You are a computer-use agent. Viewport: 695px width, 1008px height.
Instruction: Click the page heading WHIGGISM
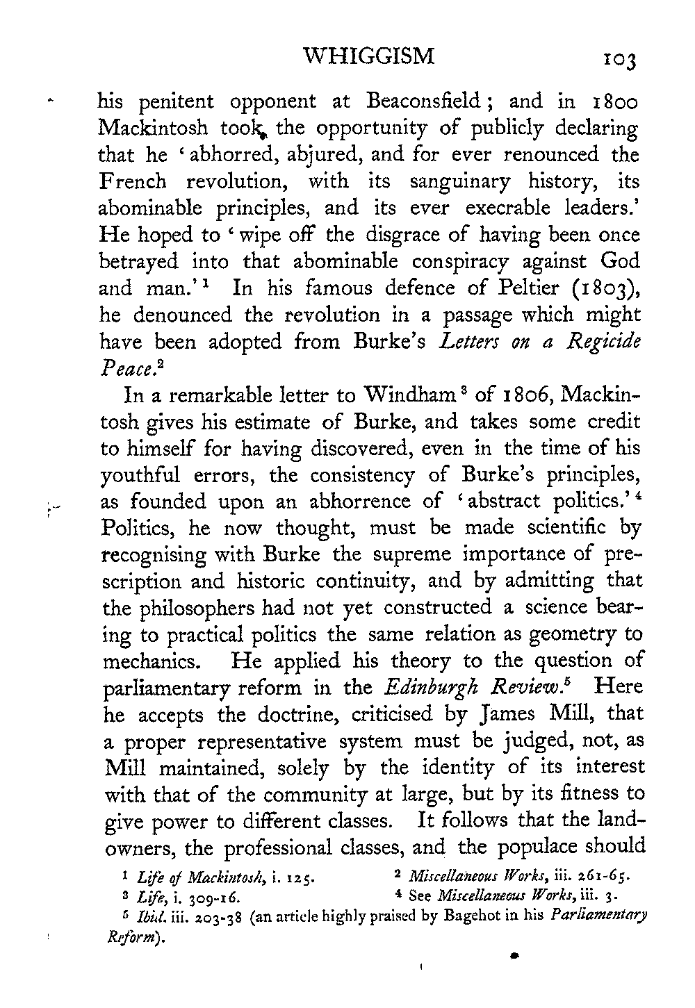click(370, 56)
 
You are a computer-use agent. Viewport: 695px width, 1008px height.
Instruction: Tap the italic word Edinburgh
click(426, 688)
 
